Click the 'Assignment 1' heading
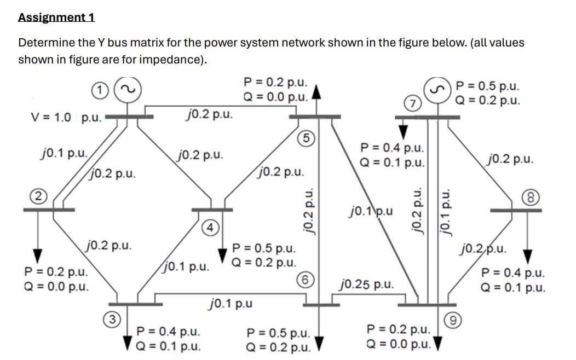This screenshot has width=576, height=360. pyautogui.click(x=56, y=17)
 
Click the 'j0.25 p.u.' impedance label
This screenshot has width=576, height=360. pyautogui.click(x=366, y=284)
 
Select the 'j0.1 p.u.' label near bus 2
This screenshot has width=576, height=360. pyautogui.click(x=60, y=153)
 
